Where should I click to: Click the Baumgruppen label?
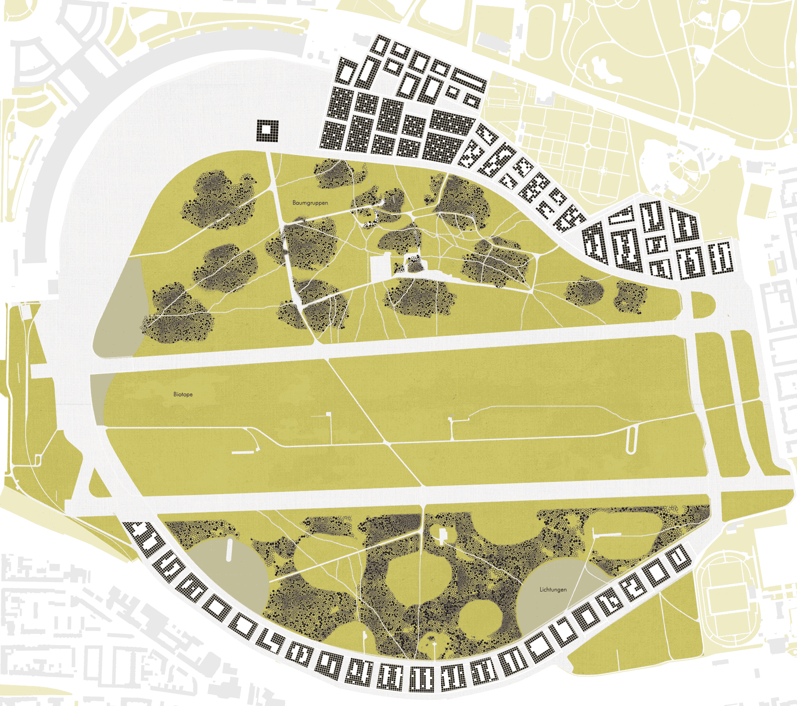click(x=310, y=203)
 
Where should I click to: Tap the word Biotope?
click(x=183, y=394)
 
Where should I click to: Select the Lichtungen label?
click(x=553, y=590)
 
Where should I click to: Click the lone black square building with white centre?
click(x=267, y=131)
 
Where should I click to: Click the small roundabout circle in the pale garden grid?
click(x=588, y=146)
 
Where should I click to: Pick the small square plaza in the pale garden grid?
click(x=604, y=171)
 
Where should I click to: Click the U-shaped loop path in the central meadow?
click(x=631, y=440)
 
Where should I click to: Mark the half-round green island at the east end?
click(x=702, y=305)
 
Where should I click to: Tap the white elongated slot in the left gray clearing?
click(x=229, y=550)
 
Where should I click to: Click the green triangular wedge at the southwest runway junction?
click(x=97, y=485)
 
